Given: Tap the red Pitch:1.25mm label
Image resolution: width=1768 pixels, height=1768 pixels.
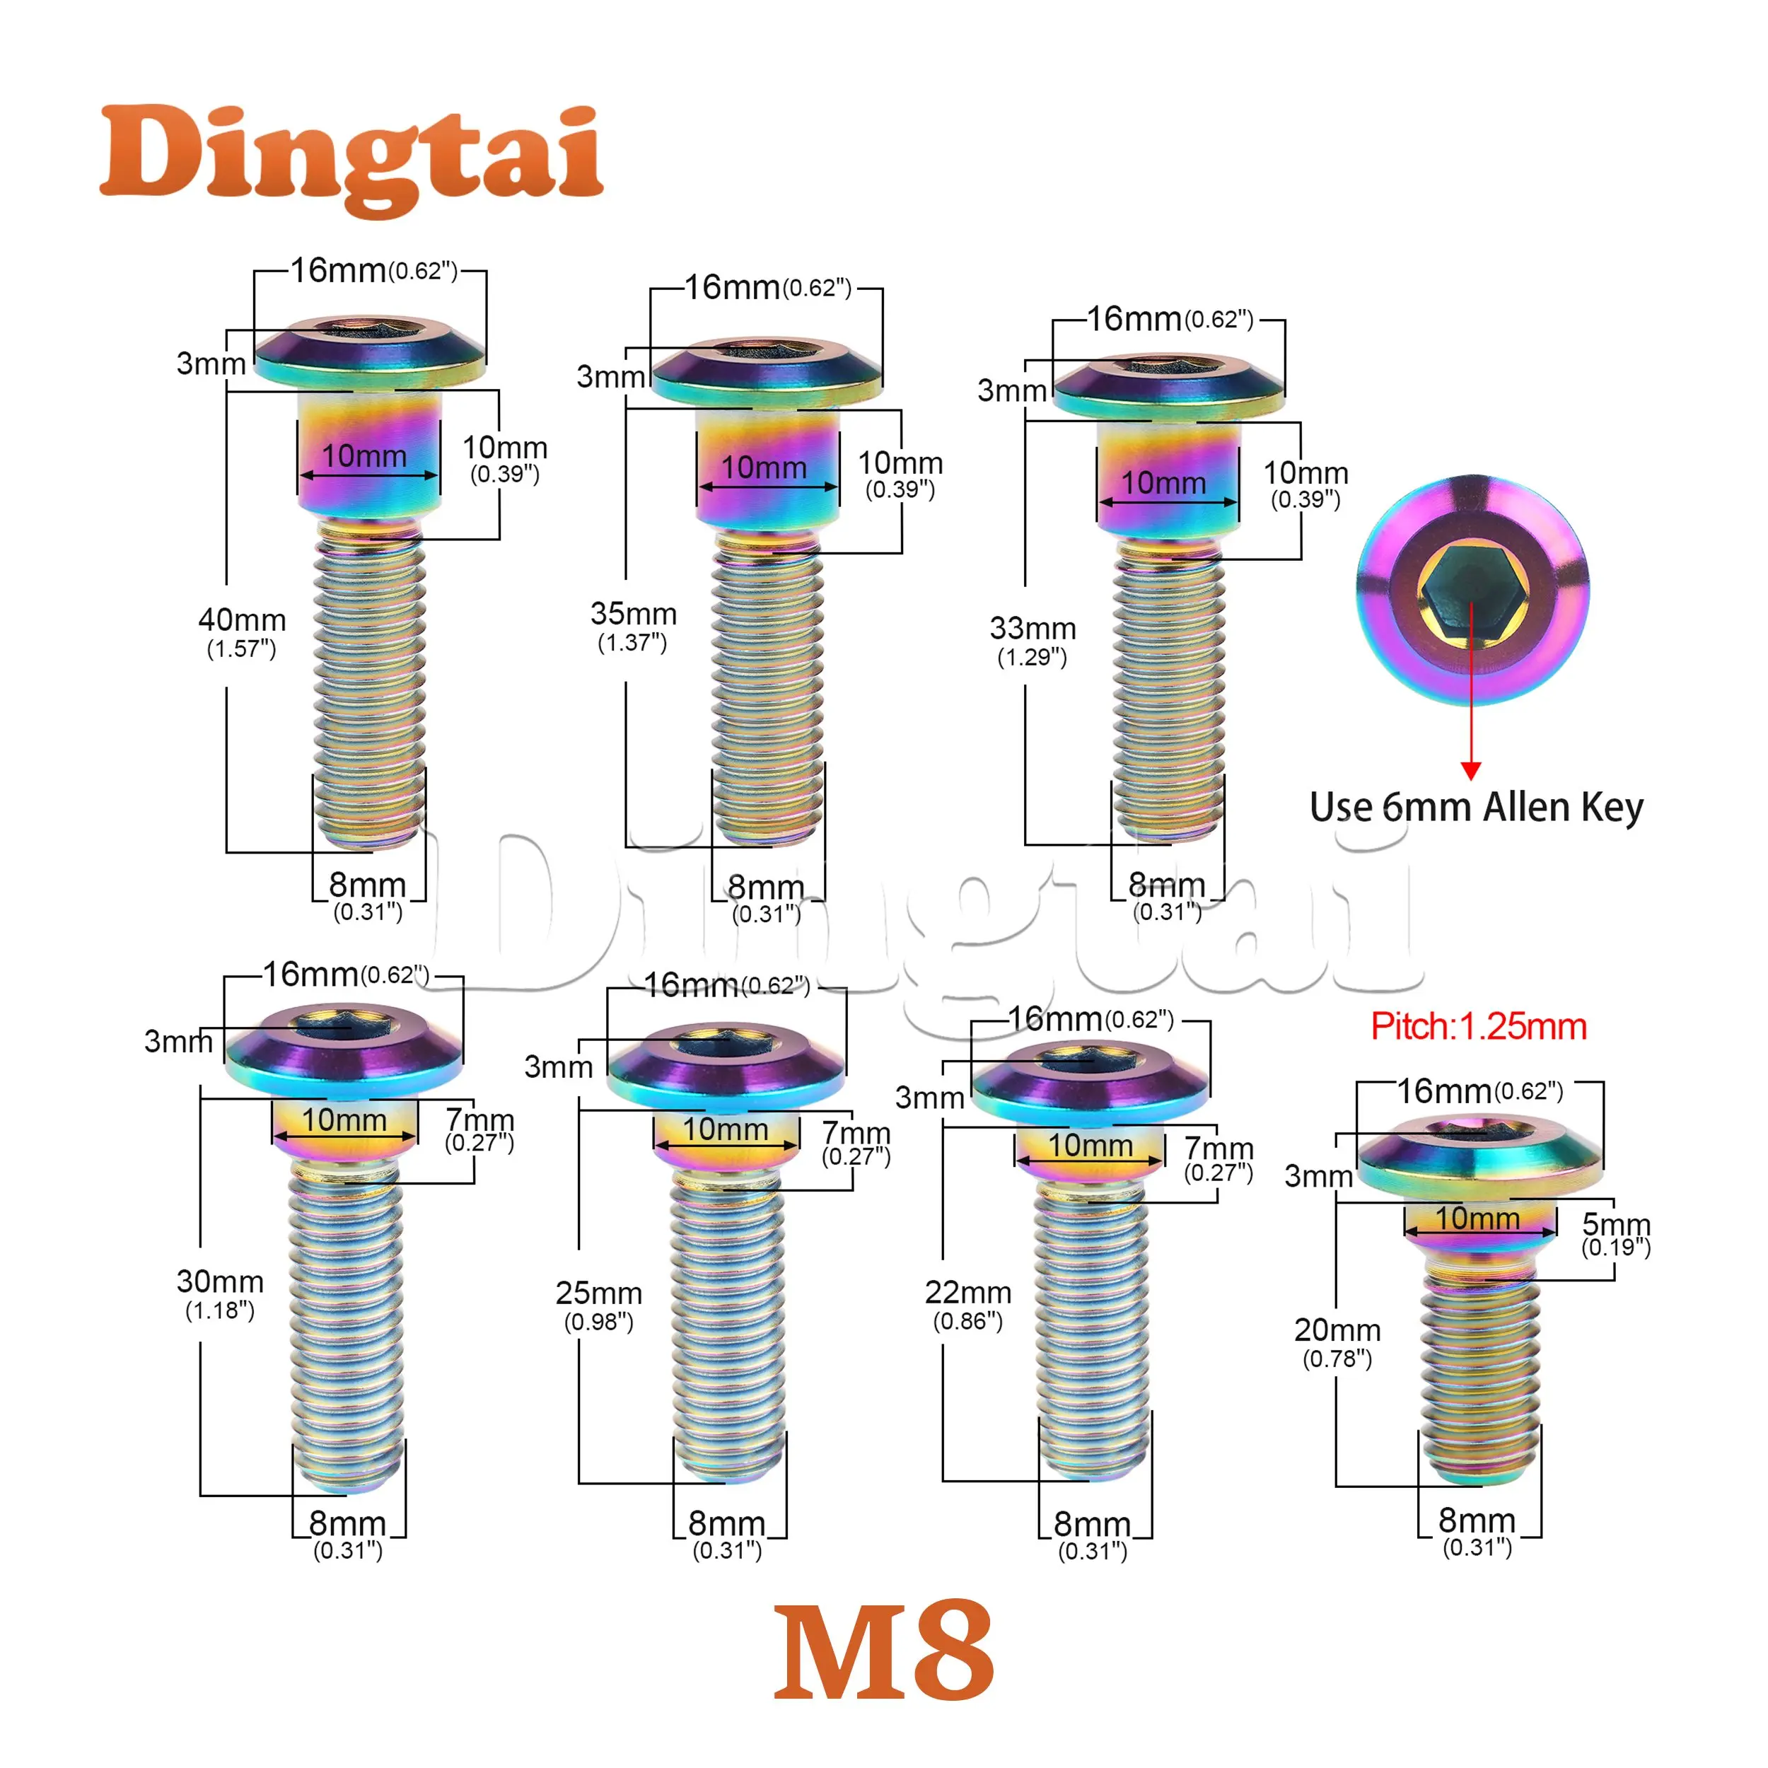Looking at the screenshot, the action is [x=1478, y=1027].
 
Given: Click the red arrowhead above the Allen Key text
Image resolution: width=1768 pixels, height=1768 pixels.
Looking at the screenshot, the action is [x=1470, y=771].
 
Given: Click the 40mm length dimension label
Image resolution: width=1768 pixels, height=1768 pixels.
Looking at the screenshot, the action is [x=242, y=632].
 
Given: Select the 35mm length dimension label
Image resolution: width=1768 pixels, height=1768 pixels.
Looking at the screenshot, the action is [x=633, y=626].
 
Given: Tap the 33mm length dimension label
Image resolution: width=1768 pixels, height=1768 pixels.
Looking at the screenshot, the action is [x=1033, y=641].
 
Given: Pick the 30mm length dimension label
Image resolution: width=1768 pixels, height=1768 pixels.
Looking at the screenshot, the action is [x=220, y=1294].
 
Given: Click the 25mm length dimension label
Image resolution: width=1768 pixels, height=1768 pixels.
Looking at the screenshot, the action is [x=598, y=1306].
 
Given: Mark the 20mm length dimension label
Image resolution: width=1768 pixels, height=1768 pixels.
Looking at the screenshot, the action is [x=1337, y=1342].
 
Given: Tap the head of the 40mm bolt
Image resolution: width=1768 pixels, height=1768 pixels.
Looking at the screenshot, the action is [x=370, y=352].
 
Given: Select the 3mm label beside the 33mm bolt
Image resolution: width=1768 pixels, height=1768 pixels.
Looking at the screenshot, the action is [x=1011, y=391].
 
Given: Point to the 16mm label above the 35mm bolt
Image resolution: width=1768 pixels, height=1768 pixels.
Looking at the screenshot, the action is [x=768, y=287].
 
